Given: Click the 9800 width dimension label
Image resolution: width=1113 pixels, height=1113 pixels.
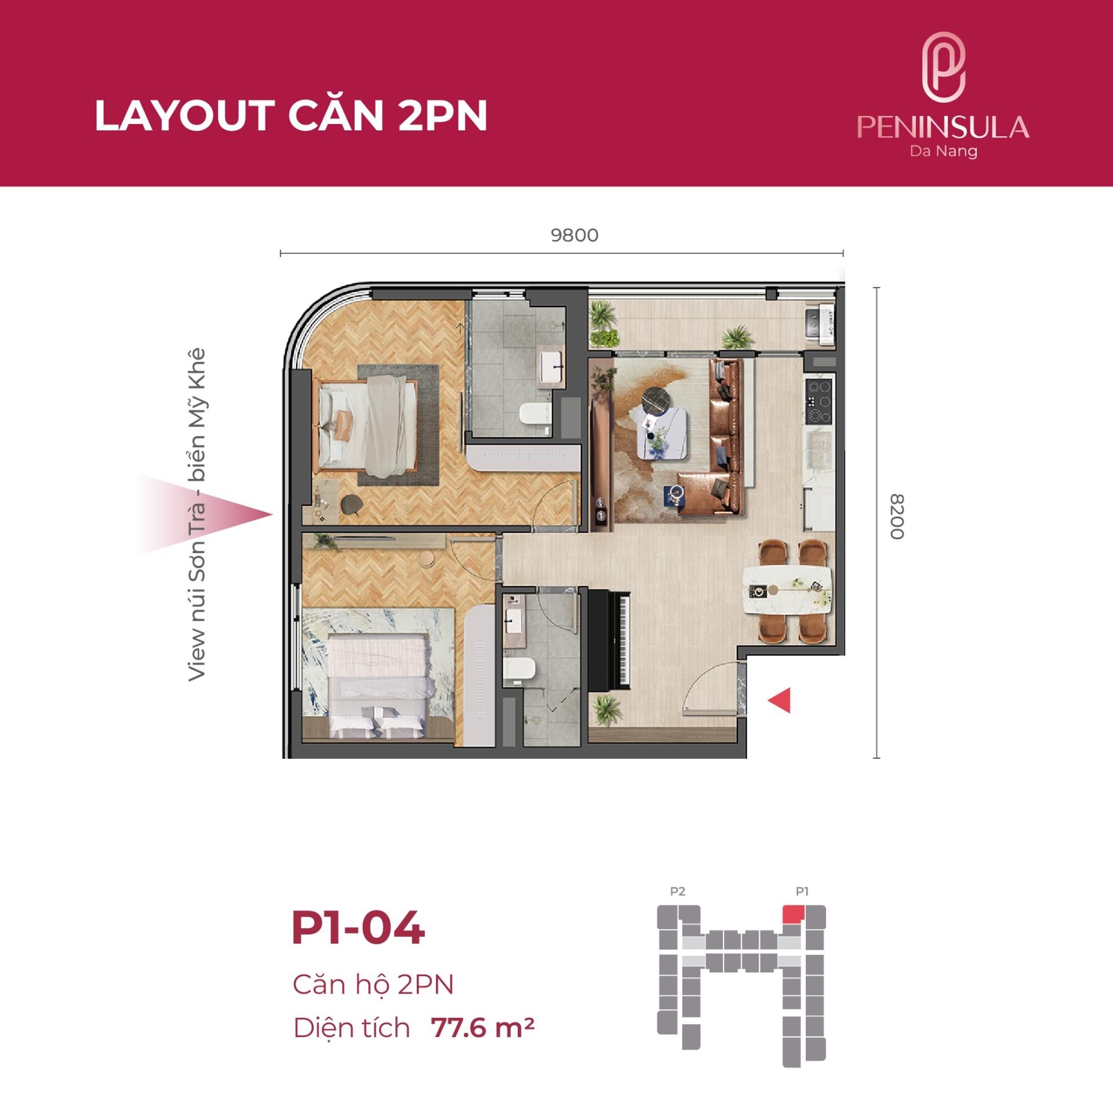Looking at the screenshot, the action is pos(574,235).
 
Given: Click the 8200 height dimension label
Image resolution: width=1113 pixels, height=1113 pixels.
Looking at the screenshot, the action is pos(896,517).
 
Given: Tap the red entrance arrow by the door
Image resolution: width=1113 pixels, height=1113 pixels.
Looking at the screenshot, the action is pos(779,700).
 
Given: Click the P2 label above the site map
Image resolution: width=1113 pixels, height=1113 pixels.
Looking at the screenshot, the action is pos(677,892).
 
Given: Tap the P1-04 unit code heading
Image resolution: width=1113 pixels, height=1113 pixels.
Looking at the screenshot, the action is pos(358,929).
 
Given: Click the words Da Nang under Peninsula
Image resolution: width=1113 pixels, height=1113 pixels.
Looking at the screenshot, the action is pos(943,152).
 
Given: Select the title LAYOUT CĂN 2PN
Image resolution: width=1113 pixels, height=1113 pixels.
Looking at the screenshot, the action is pos(291,117).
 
